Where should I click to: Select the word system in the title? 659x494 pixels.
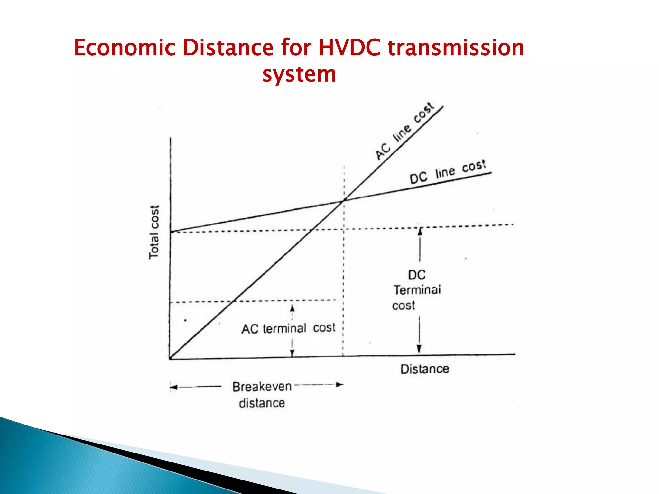tap(299, 75)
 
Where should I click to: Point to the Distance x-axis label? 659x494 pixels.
tap(424, 369)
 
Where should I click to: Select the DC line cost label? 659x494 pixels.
tap(447, 172)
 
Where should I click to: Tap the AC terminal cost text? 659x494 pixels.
tap(288, 328)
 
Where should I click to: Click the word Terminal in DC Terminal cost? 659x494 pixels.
tap(417, 290)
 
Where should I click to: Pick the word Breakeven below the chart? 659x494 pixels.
tap(262, 387)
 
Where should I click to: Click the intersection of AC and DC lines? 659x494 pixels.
tap(344, 200)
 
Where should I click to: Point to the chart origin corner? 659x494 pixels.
tap(170, 358)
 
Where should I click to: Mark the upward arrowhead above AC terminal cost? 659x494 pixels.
tap(292, 308)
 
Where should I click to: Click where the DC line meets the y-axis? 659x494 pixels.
tap(171, 232)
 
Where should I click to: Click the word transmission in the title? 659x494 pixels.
tap(456, 48)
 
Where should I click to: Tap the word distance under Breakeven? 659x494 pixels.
tap(262, 403)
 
